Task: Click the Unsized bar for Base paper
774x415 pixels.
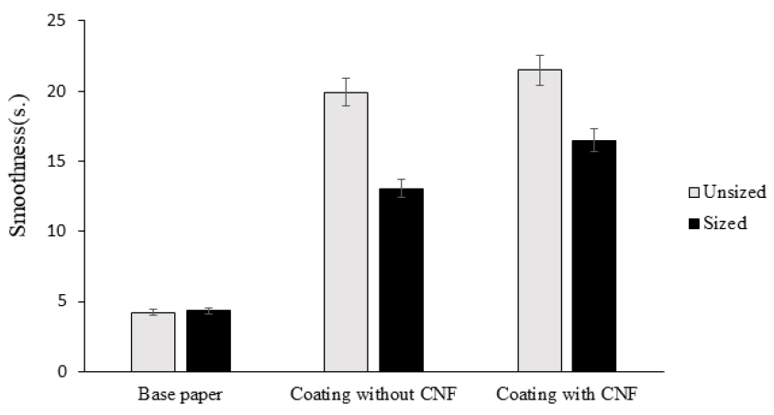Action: [153, 342]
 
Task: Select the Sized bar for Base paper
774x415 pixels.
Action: [208, 341]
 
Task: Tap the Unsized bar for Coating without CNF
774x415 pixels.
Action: [346, 232]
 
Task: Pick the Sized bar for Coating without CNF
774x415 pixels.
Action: [402, 279]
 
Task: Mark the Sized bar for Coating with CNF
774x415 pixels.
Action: [594, 256]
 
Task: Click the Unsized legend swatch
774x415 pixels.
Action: [693, 193]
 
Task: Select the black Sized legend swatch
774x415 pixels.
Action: [693, 223]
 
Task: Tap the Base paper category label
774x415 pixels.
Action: [180, 396]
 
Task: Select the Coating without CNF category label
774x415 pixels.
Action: [373, 396]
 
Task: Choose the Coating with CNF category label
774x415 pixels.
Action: [567, 396]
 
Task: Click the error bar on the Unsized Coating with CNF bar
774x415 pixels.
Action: [539, 70]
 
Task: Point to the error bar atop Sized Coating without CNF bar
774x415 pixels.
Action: [402, 188]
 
